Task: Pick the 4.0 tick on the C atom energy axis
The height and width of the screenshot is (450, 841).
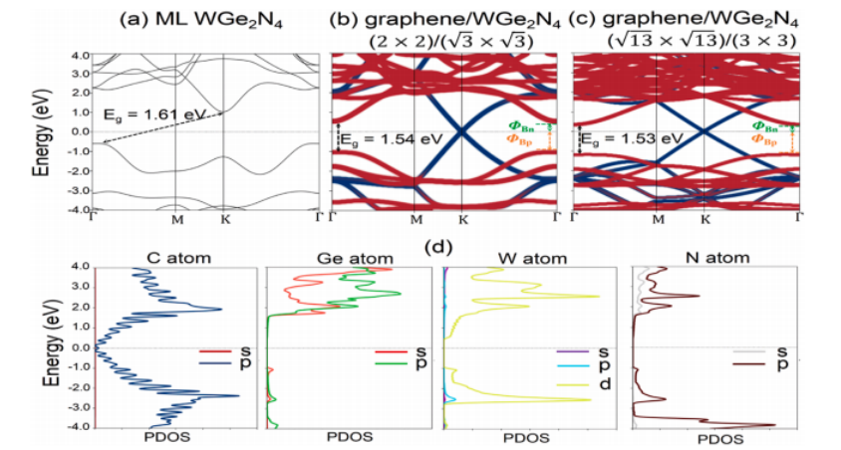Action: (x=80, y=267)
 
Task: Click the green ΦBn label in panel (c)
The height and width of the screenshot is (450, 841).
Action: (x=765, y=126)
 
